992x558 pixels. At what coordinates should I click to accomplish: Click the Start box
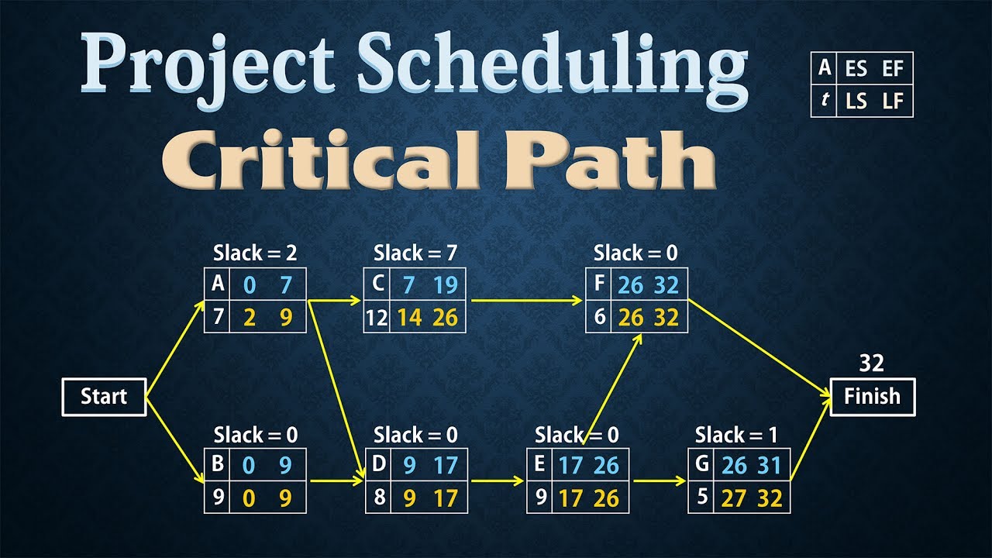pos(104,397)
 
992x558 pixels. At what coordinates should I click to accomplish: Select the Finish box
pos(872,397)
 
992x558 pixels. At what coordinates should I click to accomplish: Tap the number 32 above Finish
pos(872,363)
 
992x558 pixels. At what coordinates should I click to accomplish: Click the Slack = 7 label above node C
pos(416,253)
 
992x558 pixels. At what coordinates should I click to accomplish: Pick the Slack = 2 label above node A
pos(256,253)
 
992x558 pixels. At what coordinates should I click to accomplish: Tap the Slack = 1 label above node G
pos(737,434)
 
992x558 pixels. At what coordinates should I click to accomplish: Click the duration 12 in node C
pos(377,318)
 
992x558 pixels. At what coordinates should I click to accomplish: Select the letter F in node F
pos(599,284)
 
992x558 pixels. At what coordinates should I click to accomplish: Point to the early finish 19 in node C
pos(446,285)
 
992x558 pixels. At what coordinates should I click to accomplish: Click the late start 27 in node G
pos(732,498)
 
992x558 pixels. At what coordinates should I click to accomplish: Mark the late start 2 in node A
pos(249,318)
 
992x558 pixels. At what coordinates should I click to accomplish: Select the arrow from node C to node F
pos(527,301)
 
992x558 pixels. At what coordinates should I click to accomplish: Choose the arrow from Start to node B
pos(174,438)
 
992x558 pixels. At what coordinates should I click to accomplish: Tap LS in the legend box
pos(856,102)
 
